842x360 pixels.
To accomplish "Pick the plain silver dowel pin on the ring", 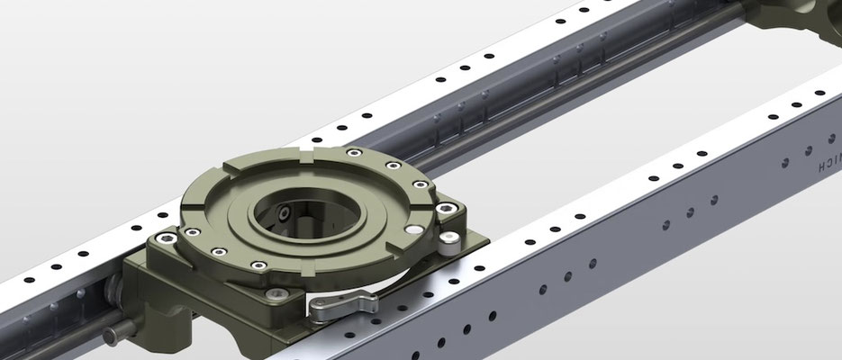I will click(x=411, y=231).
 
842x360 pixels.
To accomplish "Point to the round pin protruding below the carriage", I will click(x=113, y=336).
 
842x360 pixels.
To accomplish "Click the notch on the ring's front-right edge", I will click(x=394, y=249).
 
